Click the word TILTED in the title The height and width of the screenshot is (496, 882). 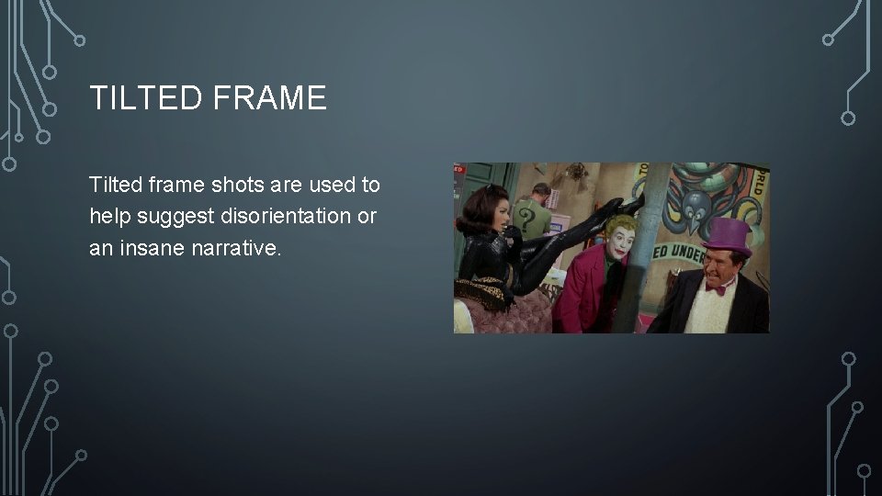[147, 97]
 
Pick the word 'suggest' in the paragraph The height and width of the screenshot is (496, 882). [174, 216]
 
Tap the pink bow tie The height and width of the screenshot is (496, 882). [717, 288]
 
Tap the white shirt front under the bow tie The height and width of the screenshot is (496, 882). [715, 312]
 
